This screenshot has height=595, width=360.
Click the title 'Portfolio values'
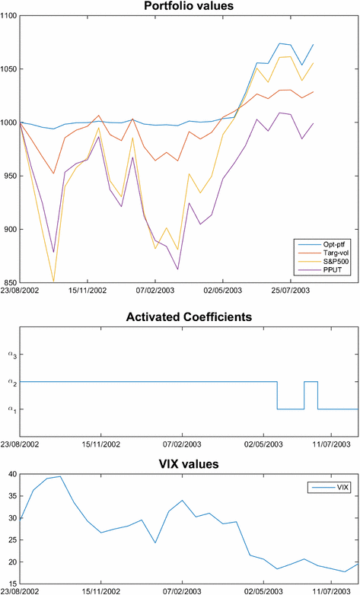click(189, 6)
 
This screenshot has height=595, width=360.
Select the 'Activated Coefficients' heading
click(189, 317)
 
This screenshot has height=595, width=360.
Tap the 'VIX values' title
click(189, 463)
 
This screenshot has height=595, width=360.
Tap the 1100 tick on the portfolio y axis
click(8, 16)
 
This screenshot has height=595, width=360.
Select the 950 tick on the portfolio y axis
click(10, 176)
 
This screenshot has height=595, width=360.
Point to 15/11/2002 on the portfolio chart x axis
click(88, 290)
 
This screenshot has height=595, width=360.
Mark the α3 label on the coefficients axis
click(11, 354)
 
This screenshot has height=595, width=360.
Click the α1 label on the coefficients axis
click(11, 409)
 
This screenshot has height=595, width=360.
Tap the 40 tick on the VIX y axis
click(12, 474)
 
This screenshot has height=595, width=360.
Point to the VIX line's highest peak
click(60, 476)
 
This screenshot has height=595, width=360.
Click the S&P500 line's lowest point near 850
click(53, 282)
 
